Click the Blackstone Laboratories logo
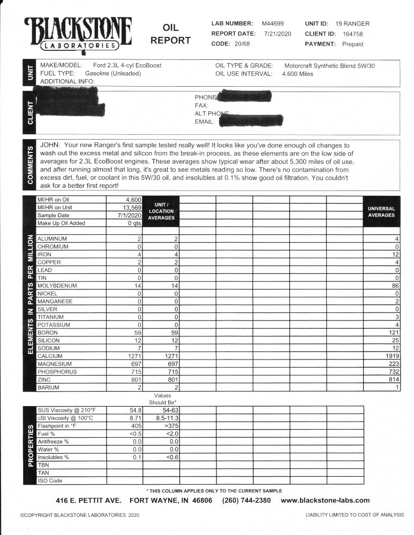click(x=78, y=33)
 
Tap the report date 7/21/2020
click(x=276, y=34)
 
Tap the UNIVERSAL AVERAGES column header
click(x=382, y=211)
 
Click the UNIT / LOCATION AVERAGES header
click(x=161, y=211)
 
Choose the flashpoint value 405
click(x=135, y=426)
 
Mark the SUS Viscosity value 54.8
click(x=134, y=410)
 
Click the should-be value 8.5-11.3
click(x=167, y=418)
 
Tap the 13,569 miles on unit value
click(x=131, y=208)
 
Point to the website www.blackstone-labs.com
click(x=325, y=500)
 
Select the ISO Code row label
click(x=50, y=480)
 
